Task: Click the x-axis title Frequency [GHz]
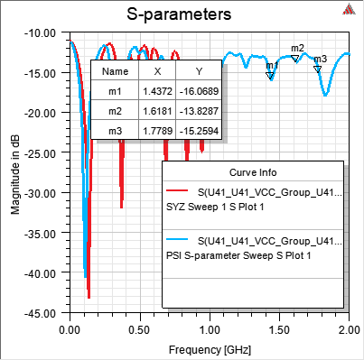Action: click(208, 347)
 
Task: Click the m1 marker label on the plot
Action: click(270, 66)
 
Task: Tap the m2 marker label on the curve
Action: click(297, 48)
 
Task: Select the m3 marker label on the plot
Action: click(320, 59)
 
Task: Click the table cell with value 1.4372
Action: click(157, 89)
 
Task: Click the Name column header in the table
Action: click(115, 71)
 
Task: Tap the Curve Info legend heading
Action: click(253, 171)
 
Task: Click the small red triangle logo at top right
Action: click(350, 10)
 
